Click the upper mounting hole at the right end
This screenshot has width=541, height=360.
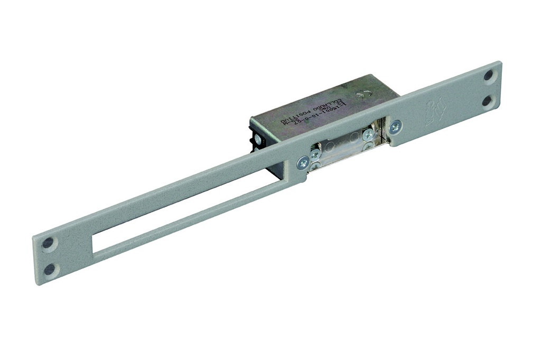point(489,76)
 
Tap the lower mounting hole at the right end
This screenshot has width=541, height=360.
point(488,100)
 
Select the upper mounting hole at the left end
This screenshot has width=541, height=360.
point(48,243)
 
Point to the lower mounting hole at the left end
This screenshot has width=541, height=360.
point(49,269)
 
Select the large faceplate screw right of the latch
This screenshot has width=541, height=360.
point(395,127)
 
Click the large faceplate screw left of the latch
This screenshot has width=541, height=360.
point(303,163)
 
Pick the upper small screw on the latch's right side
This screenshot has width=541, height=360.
point(368,135)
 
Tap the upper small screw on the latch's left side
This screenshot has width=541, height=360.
point(315,154)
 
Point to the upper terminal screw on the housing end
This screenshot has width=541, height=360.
point(258,139)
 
